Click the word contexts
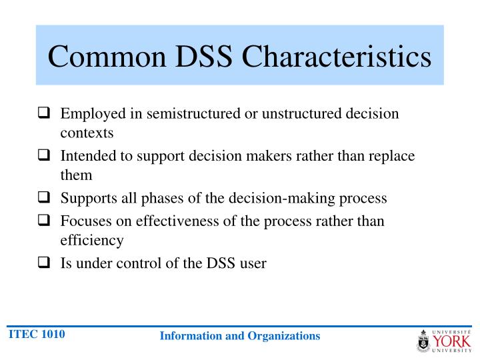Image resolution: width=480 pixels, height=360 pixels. coord(87,133)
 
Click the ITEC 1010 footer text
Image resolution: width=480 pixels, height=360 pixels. coord(36,334)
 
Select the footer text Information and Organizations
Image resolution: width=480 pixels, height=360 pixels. coord(240,336)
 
